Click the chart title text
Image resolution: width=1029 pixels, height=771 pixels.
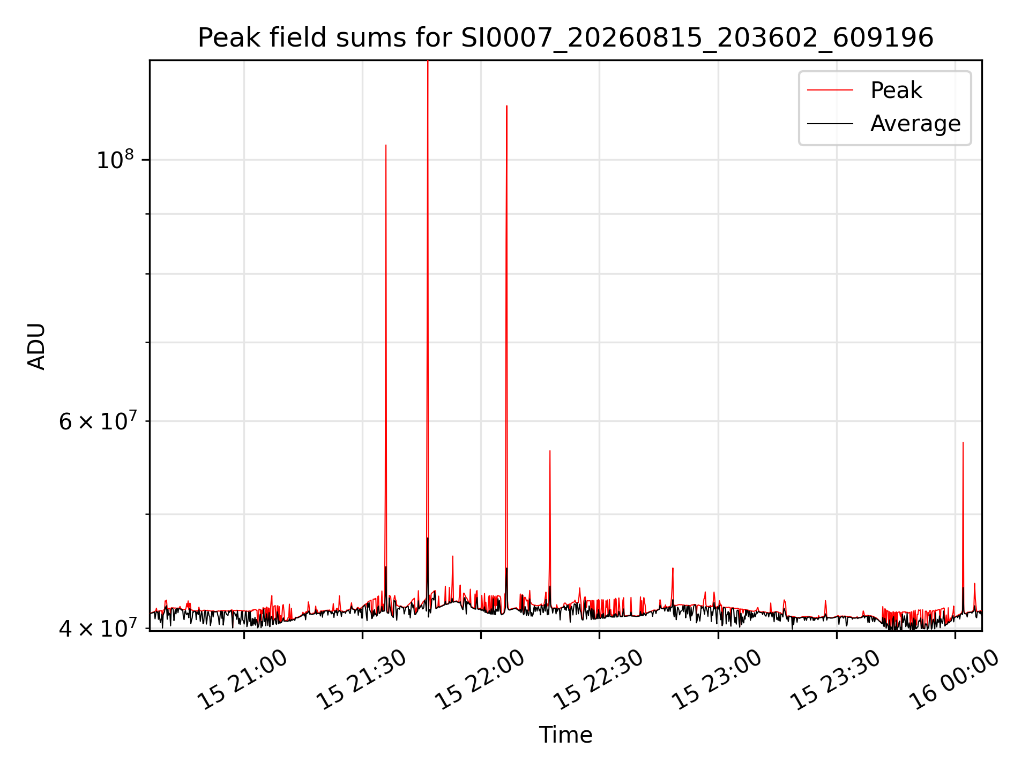(x=565, y=38)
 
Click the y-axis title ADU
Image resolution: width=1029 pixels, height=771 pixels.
(x=36, y=346)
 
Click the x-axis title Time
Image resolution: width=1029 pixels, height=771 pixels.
(x=565, y=735)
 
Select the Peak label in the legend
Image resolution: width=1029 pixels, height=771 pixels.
(x=896, y=90)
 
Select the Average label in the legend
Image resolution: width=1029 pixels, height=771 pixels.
(x=915, y=124)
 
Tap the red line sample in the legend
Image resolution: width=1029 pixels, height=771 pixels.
(x=830, y=90)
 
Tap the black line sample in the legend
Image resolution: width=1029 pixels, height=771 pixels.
(x=830, y=124)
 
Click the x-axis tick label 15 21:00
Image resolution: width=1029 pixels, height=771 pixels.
(x=243, y=680)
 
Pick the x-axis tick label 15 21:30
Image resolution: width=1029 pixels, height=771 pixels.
(x=361, y=680)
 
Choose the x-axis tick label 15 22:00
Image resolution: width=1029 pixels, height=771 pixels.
(x=480, y=680)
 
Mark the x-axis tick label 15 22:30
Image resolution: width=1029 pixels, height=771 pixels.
(x=598, y=680)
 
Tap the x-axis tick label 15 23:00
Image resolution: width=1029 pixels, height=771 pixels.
(x=717, y=680)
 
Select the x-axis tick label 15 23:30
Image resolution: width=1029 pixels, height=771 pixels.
(x=836, y=680)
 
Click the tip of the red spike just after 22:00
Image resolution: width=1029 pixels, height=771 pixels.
(x=506, y=106)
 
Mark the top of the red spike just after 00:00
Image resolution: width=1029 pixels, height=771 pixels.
(x=963, y=443)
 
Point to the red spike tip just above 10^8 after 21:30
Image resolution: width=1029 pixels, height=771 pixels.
(x=386, y=145)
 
